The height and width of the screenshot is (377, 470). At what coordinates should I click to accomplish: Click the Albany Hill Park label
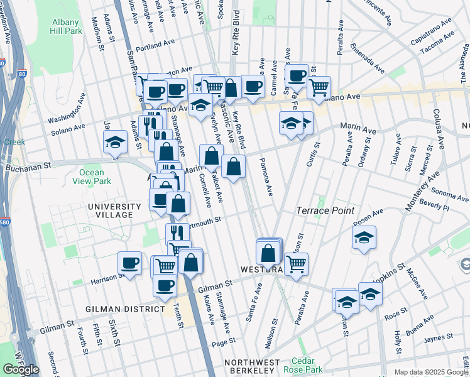point(67,26)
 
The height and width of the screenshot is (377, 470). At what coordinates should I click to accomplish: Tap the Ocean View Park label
point(96,177)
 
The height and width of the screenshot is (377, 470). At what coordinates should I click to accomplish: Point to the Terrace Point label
point(325,211)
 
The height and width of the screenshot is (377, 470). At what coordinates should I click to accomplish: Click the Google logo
point(20,369)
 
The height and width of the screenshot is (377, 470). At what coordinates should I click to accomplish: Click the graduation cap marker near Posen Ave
point(364,238)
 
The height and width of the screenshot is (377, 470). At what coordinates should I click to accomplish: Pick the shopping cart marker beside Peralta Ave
point(296,263)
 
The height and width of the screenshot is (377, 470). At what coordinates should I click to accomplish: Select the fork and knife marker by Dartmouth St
point(178,234)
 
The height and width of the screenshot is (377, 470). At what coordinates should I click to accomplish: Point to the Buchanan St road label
point(28,167)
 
